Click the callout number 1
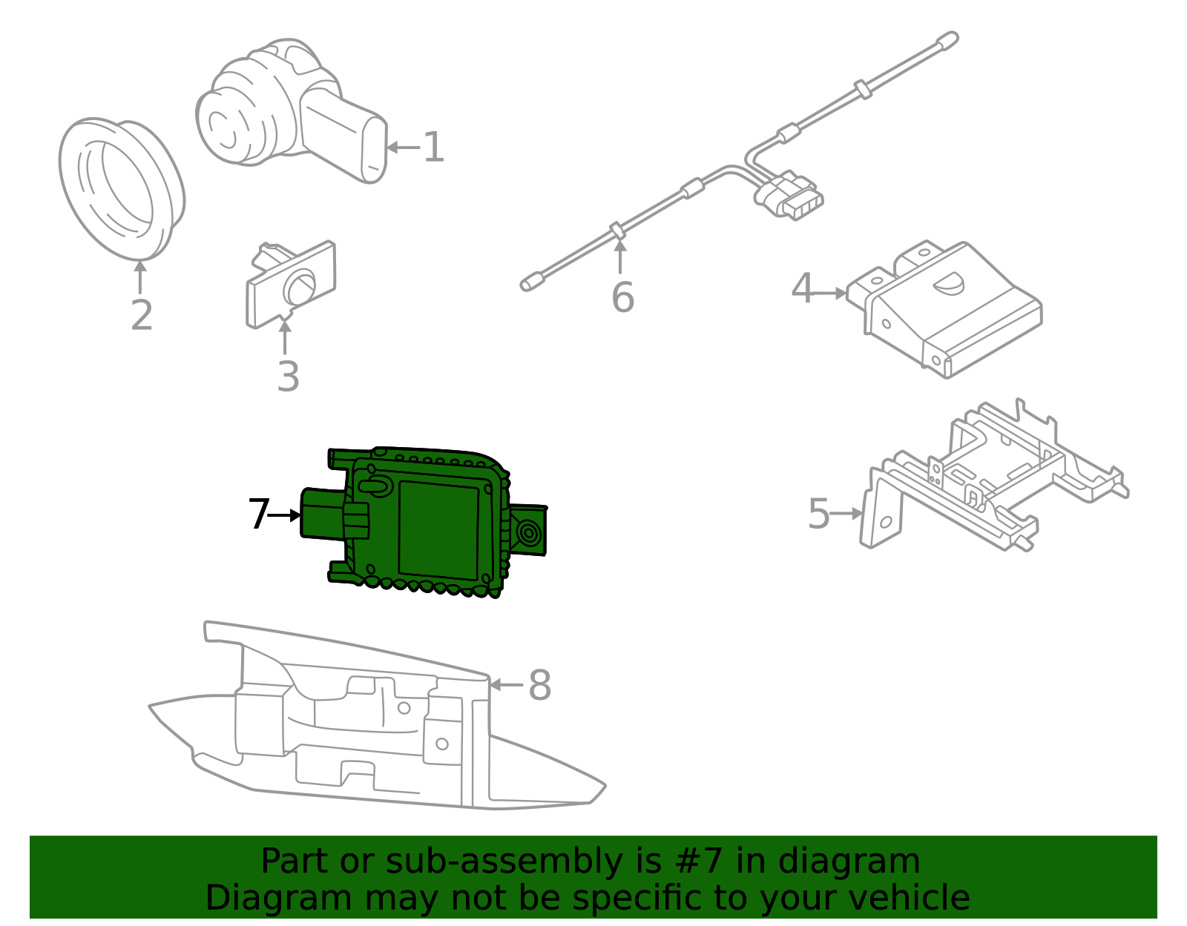coord(434,147)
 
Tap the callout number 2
coord(142,315)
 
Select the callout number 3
coord(288,376)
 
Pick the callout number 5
coord(818,514)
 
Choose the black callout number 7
coord(258,514)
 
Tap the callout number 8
coord(539,684)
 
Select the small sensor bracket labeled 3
coord(290,285)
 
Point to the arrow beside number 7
coord(284,515)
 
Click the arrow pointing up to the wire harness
coord(620,257)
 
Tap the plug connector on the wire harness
coord(789,196)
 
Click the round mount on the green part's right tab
coord(529,532)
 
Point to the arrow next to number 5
coord(846,514)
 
